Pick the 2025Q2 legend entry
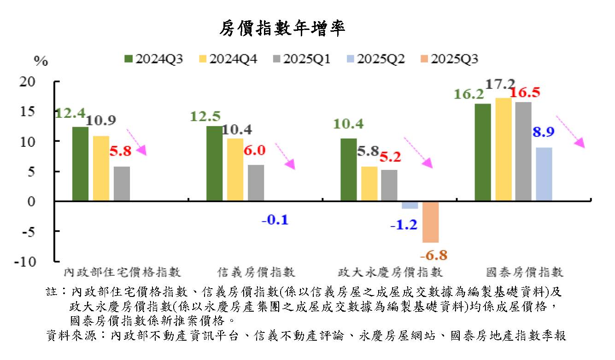(375, 59)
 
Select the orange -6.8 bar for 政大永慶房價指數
(430, 222)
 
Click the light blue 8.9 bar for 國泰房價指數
(544, 174)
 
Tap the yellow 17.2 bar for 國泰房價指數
(503, 149)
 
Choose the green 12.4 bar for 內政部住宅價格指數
(80, 164)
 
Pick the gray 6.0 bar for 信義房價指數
(256, 183)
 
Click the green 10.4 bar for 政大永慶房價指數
(348, 169)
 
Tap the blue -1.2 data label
(403, 225)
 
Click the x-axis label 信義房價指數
(256, 272)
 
